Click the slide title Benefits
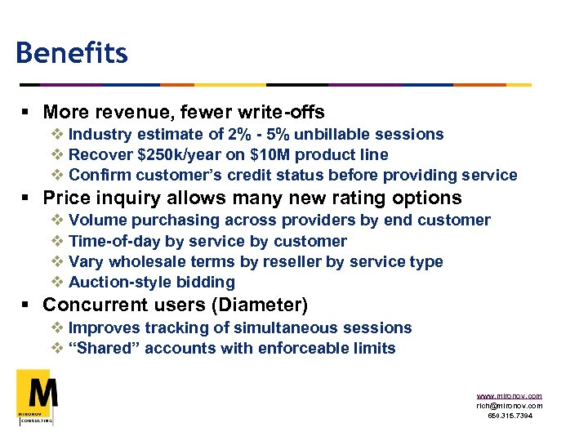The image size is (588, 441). coord(72,54)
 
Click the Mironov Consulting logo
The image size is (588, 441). coord(37,397)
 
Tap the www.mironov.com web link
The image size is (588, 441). coord(509,395)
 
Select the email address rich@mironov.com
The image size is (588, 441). coord(509,405)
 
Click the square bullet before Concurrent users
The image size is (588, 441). coord(29,306)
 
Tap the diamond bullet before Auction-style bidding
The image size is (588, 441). coord(57,283)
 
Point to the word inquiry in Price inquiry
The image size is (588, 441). coord(123,198)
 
